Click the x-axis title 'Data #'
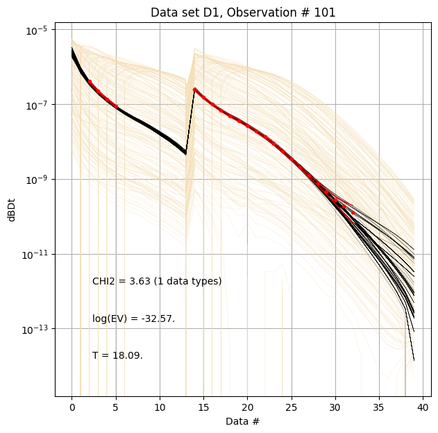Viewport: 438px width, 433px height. (242, 421)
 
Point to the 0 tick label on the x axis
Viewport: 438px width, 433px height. (71, 407)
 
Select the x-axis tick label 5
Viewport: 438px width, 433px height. (116, 407)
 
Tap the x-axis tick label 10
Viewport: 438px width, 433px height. (160, 407)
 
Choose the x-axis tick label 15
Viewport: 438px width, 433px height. (203, 407)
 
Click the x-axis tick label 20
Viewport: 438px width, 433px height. (247, 407)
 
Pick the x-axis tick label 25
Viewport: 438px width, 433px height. (291, 407)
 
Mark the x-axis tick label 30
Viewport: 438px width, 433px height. (335, 407)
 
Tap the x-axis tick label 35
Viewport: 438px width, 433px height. (379, 407)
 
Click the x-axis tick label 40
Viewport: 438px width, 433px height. (423, 407)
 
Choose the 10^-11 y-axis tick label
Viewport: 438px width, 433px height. (36, 254)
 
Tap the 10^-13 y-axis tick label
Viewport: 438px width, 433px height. (36, 328)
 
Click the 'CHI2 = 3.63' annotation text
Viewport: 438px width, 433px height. (157, 281)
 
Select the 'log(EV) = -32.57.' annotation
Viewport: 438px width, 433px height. (133, 319)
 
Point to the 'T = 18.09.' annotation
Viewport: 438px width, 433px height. (117, 355)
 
